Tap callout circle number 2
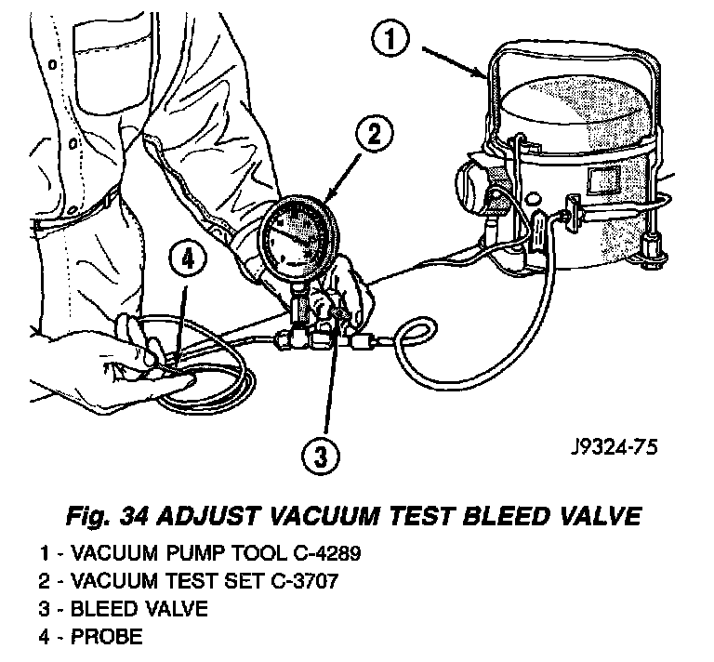pos(371,135)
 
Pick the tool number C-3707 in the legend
pos(306,582)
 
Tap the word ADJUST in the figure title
pos(201,512)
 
